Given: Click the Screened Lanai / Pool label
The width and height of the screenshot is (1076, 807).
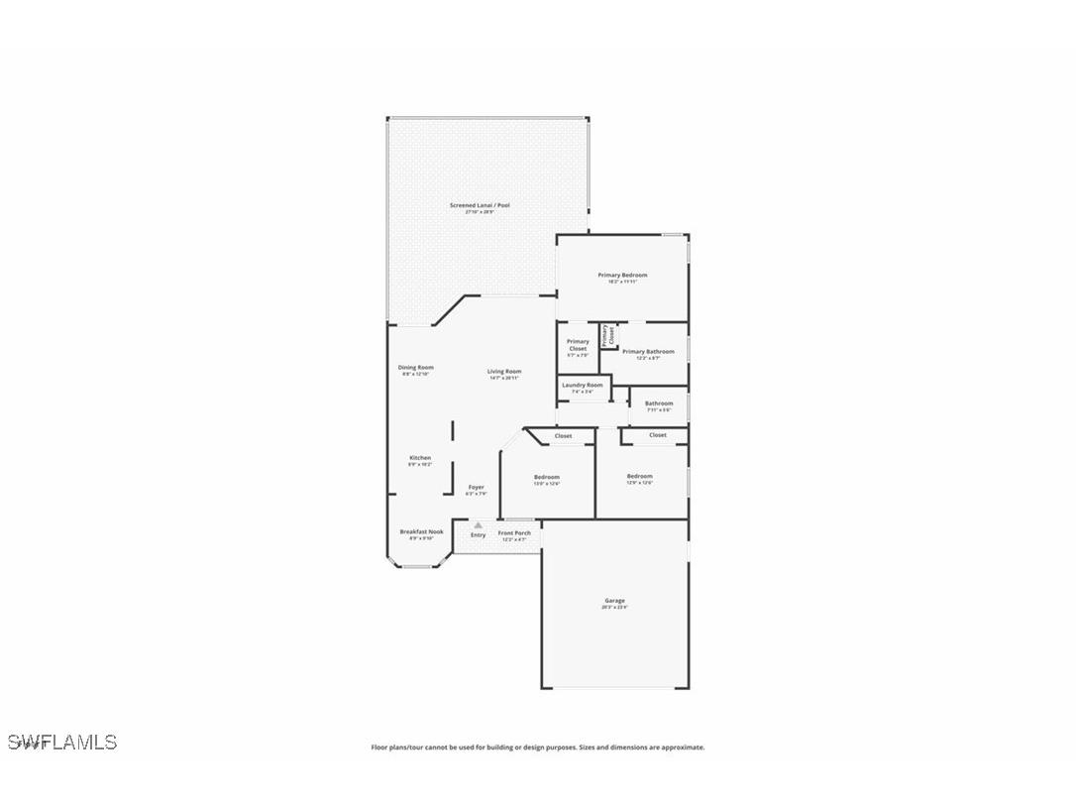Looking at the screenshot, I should (480, 205).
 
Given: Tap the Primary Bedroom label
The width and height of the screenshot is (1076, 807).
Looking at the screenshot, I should (622, 275).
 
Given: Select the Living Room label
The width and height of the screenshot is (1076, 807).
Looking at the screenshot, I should (503, 372).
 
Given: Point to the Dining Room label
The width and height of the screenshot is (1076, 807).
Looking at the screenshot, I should (416, 368).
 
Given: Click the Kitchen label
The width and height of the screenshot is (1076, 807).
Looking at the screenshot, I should (420, 458).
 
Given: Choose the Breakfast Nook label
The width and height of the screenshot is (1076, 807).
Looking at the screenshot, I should (421, 531).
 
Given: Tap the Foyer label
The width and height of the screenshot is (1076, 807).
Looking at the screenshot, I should (477, 487).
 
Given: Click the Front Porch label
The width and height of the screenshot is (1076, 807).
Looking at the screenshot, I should (514, 533).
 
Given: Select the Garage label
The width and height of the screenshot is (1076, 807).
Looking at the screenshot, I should (614, 601).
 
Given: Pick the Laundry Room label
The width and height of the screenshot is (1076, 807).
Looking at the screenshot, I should (582, 385).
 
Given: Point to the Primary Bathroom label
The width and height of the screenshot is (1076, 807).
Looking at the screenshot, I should (648, 351).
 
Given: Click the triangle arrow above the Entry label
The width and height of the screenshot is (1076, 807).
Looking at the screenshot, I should (478, 524).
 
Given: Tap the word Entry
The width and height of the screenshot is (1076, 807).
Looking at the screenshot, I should (478, 535).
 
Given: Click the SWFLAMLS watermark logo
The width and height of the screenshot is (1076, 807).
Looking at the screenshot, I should (61, 742).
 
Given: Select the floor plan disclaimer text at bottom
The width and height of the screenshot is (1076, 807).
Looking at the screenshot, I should (538, 748).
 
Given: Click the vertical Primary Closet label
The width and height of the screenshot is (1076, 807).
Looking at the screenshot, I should (606, 334).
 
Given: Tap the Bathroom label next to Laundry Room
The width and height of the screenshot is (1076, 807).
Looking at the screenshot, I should (659, 403).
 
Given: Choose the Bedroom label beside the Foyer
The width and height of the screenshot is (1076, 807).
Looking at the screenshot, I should (546, 477).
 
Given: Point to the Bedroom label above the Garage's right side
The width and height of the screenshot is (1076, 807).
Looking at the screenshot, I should (639, 476).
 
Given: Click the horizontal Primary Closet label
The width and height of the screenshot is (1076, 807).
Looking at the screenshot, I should (578, 345).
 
